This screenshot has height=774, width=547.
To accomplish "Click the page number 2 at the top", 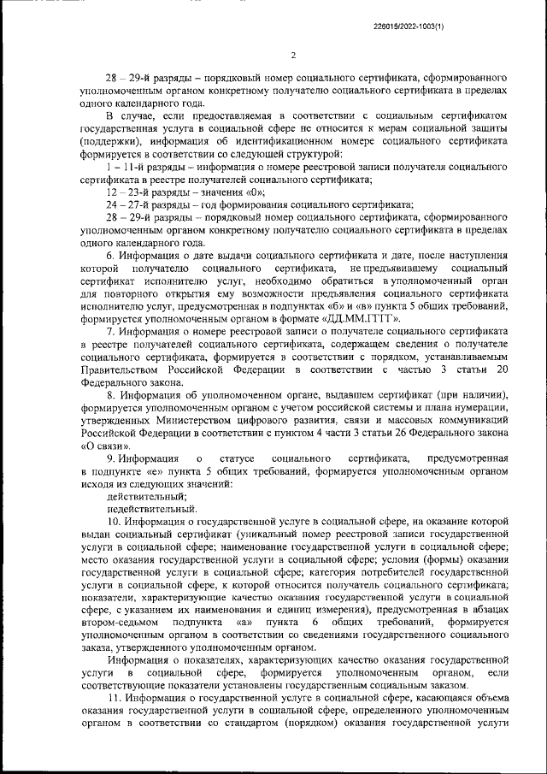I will [292, 56].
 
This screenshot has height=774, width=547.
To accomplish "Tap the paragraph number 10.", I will [113, 520].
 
